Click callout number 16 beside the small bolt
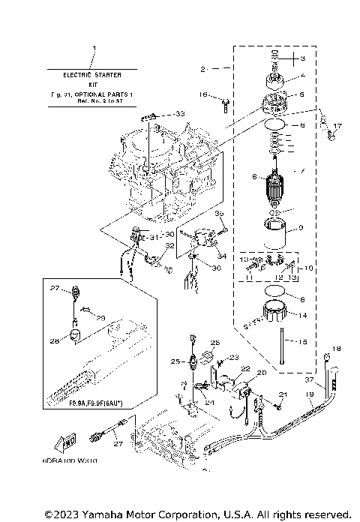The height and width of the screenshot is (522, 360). [203, 94]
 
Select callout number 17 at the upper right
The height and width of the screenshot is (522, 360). [338, 126]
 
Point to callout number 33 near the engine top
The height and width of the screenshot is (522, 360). [179, 112]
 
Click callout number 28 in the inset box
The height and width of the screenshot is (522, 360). [54, 340]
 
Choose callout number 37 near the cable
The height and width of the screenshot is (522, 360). [309, 379]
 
